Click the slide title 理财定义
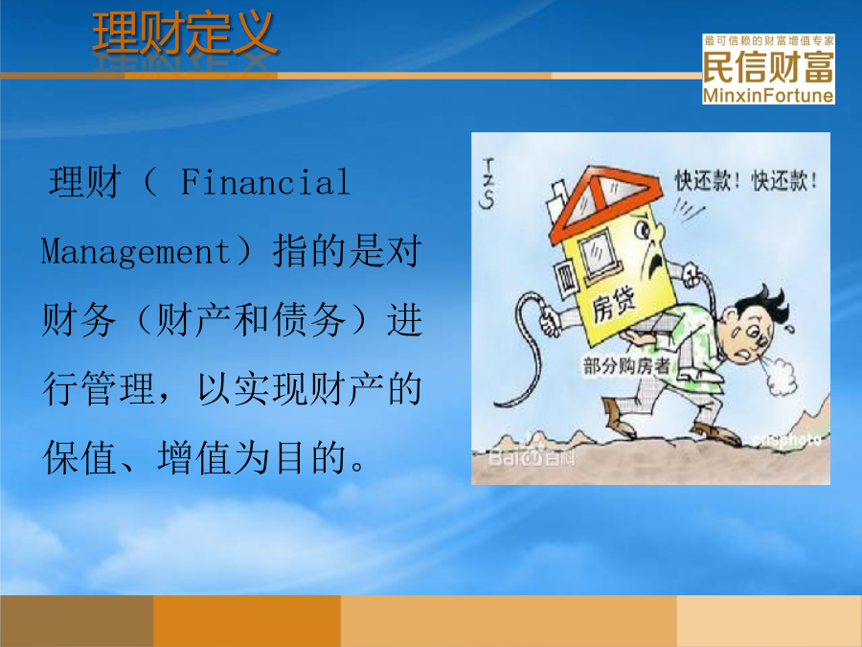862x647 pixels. coord(185,35)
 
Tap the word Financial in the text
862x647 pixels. coord(265,182)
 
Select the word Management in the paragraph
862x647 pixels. coord(135,252)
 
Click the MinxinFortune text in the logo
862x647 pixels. coord(768,95)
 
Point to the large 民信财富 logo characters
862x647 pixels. coord(768,67)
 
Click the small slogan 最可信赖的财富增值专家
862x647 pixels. coord(768,40)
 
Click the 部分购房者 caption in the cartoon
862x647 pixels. coord(626,365)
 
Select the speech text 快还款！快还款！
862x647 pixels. coord(746,180)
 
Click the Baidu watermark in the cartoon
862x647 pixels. coord(532,456)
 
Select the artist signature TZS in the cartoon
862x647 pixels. coord(488,183)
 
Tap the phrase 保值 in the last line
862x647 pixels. coord(80,458)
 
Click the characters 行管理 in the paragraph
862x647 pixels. coord(99,389)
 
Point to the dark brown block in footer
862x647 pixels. coord(77,620)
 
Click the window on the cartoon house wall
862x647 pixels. coord(597,254)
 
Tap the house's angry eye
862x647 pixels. coord(642,229)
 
